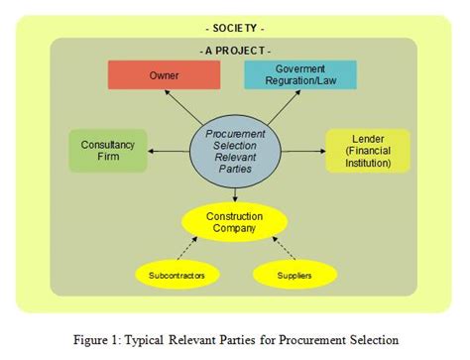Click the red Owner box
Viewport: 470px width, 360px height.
164,75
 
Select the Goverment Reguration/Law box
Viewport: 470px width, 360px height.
299,75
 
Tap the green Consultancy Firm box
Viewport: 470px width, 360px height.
107,151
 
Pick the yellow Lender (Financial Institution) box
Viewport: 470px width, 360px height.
367,151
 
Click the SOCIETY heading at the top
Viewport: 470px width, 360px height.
234,28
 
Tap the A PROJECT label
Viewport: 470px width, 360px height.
235,50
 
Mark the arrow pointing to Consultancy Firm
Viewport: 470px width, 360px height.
169,151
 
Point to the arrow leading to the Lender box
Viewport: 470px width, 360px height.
302,151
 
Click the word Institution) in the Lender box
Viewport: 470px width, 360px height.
367,164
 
